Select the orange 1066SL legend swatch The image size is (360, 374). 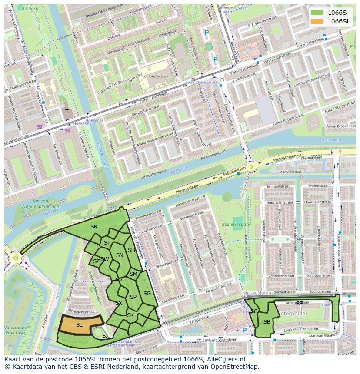317,21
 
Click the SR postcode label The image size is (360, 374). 94,227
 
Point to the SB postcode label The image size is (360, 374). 267,321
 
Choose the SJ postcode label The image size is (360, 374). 105,336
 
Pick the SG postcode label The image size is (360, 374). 147,294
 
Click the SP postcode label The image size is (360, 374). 133,297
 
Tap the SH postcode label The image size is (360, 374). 131,250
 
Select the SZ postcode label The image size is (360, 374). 96,261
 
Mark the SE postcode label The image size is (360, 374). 299,304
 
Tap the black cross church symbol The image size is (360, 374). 67,111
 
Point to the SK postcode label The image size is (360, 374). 130,315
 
